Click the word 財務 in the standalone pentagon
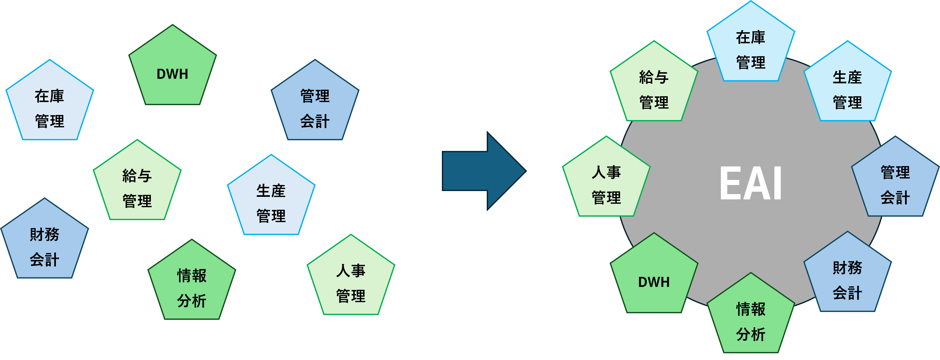45,234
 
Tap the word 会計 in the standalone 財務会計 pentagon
45,260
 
